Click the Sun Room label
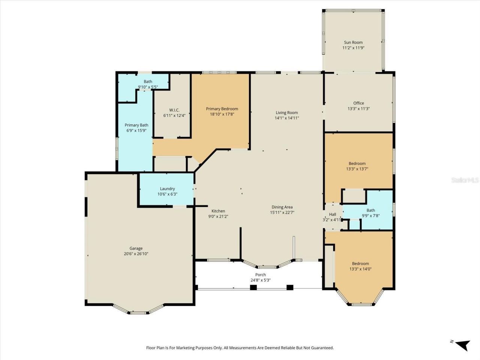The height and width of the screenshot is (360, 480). [353, 42]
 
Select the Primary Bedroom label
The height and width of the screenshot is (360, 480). [222, 109]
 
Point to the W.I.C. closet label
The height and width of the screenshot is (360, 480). [174, 110]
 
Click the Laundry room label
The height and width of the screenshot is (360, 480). [167, 189]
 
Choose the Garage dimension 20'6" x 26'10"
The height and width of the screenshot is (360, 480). [136, 254]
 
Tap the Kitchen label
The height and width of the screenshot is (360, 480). [218, 211]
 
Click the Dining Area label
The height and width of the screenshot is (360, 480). [282, 207]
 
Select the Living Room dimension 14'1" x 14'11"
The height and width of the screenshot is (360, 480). [287, 118]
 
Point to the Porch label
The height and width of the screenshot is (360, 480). [261, 275]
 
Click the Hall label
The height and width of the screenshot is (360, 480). [333, 214]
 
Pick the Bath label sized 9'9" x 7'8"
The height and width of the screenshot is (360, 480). [371, 210]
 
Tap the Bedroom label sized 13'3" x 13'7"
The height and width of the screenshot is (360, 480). [357, 163]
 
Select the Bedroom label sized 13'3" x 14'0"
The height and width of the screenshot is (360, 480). [360, 264]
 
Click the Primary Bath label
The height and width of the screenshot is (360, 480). [136, 125]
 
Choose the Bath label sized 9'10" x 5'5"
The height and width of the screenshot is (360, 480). [148, 81]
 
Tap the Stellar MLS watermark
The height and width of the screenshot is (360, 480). [465, 180]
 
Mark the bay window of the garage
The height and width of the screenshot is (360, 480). [138, 310]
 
